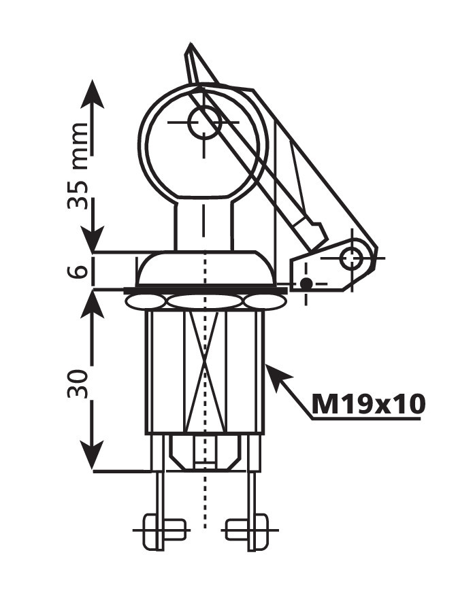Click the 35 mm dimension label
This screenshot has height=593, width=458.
coord(78,166)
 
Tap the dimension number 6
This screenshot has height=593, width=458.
coord(78,271)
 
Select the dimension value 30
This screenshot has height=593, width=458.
coord(78,384)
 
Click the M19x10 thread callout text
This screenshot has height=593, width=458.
coord(368,404)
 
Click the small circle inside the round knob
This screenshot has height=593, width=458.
coord(204,122)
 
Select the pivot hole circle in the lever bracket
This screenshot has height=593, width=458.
coord(352,258)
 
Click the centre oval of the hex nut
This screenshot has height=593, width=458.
coord(205,301)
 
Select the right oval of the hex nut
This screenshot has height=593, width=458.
coord(265,302)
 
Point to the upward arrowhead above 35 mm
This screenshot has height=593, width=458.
coord(92,94)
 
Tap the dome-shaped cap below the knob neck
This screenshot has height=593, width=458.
coord(205,267)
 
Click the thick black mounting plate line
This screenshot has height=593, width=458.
coord(206,290)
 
